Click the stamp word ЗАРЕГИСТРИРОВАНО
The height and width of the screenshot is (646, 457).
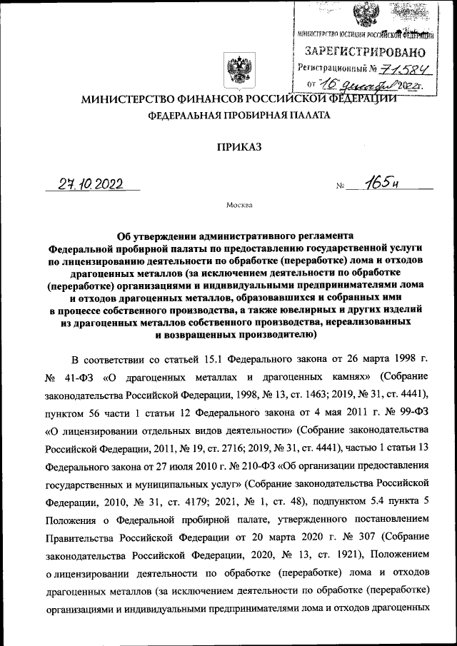point(365,52)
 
